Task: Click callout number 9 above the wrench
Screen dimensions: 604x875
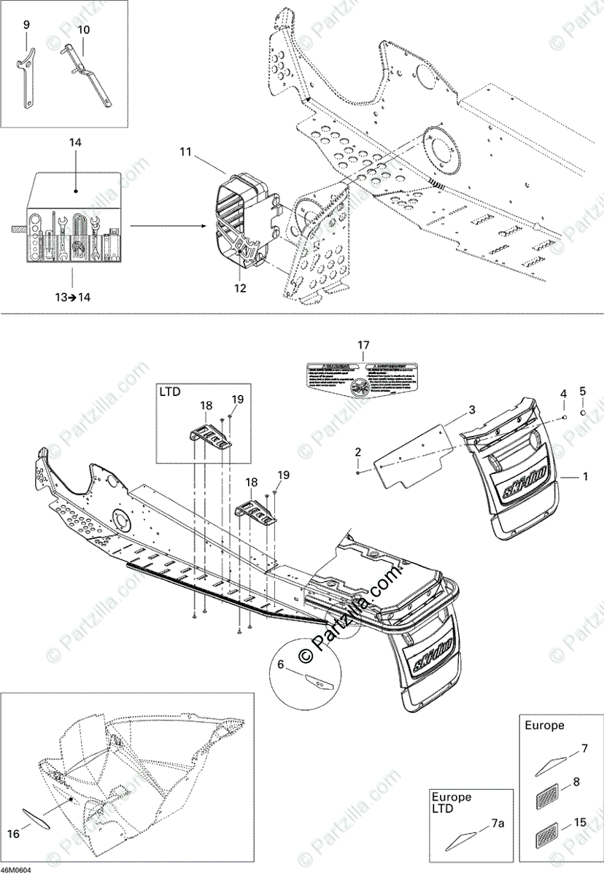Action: (x=27, y=25)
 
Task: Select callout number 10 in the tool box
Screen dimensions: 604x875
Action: (x=84, y=30)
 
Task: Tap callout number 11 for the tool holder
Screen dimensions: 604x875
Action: (x=185, y=152)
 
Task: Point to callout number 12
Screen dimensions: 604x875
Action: (x=241, y=288)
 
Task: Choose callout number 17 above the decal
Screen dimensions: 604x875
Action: (x=364, y=344)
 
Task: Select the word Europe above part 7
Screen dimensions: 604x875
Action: (x=544, y=726)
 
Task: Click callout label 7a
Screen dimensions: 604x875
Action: (x=497, y=823)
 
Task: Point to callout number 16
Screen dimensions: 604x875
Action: (x=13, y=833)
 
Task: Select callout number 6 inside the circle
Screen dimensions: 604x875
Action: (x=281, y=664)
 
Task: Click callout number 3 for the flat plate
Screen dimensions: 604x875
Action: (x=472, y=410)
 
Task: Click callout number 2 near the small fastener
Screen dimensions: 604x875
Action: (x=358, y=453)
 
